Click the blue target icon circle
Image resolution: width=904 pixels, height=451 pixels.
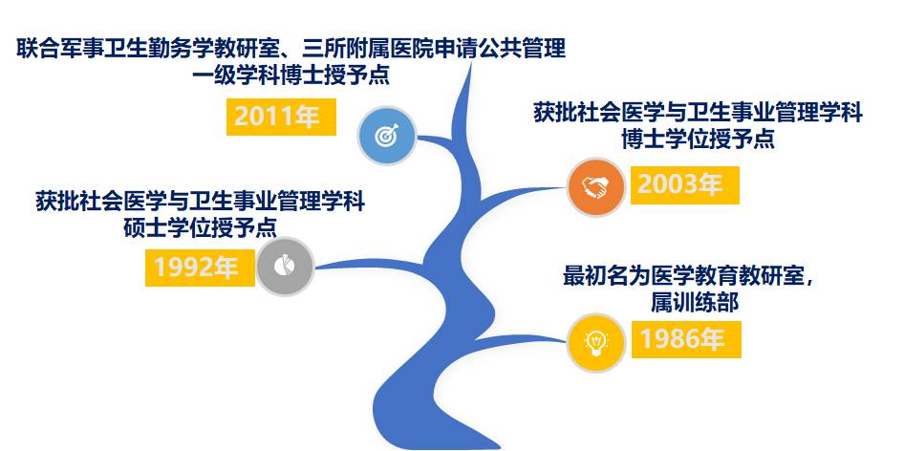click(x=386, y=136)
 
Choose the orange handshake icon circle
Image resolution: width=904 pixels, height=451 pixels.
click(x=595, y=187)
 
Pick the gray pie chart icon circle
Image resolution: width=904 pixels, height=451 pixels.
click(x=285, y=267)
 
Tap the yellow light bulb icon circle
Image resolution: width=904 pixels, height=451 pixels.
click(x=595, y=343)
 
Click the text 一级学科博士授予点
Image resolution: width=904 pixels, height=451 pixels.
click(x=291, y=75)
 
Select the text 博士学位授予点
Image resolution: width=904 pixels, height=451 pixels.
click(x=698, y=140)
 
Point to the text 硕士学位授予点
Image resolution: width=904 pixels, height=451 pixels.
click(x=200, y=229)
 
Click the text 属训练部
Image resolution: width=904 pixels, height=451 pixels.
click(x=695, y=303)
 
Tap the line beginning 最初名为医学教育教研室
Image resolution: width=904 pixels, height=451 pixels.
click(x=689, y=276)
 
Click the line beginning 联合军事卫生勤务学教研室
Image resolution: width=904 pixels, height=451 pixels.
click(x=291, y=49)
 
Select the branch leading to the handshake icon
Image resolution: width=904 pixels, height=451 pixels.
click(x=519, y=195)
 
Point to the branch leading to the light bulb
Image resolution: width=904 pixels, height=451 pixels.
click(x=519, y=339)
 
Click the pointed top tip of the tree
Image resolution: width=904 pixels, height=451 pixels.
click(x=471, y=63)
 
